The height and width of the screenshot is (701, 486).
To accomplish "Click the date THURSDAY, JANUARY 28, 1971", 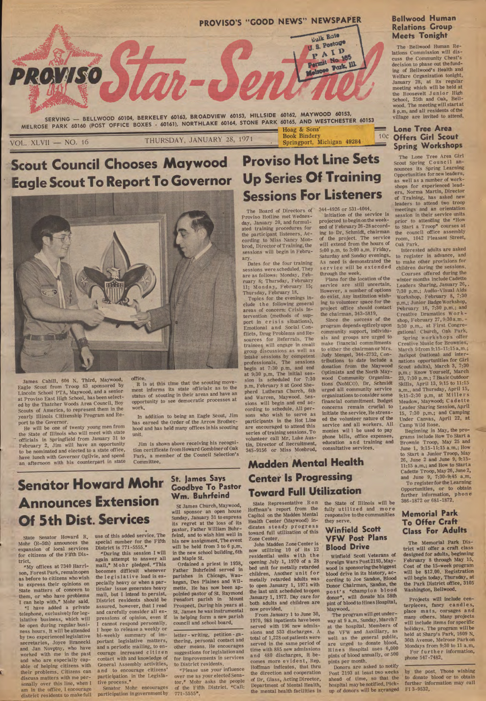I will click(x=199, y=140).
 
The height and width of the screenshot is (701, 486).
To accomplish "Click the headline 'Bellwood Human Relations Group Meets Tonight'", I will click(x=424, y=27).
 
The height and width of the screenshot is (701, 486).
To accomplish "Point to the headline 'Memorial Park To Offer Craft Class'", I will click(x=434, y=522).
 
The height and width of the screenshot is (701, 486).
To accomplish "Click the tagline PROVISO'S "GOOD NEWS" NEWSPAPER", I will click(x=280, y=22).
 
